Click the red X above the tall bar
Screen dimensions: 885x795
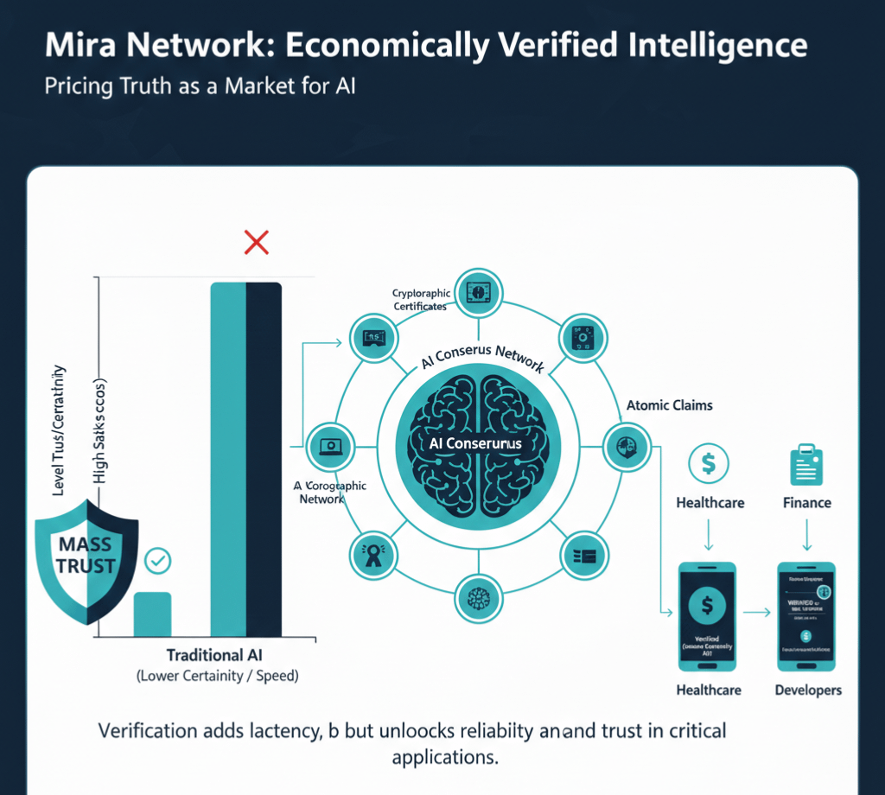[x=256, y=243]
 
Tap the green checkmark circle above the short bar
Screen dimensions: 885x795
[x=158, y=562]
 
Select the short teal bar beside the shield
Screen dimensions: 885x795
[x=152, y=614]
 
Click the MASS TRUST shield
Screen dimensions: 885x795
[x=86, y=557]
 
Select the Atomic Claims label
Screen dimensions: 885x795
[x=669, y=404]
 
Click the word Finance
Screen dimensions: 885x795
[x=807, y=503]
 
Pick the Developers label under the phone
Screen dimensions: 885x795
[x=808, y=690]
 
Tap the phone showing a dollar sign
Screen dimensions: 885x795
[x=708, y=615]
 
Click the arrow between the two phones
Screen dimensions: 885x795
[x=757, y=613]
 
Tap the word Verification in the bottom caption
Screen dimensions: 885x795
[x=149, y=731]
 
